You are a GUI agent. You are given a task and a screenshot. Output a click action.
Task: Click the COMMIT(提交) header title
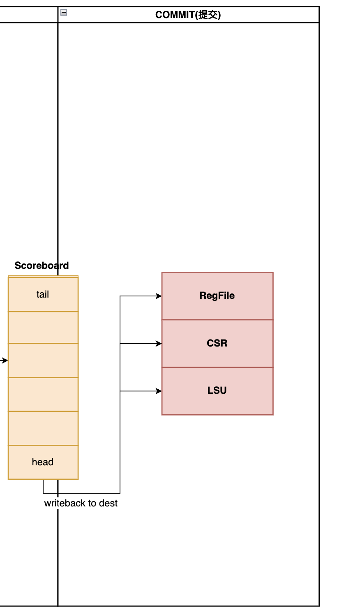[188, 15]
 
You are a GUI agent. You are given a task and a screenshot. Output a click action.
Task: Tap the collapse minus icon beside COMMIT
[64, 12]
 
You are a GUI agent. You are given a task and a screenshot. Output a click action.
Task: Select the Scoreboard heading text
[42, 266]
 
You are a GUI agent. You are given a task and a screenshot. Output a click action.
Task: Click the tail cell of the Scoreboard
[43, 294]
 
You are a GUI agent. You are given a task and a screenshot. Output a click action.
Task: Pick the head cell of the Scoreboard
[43, 462]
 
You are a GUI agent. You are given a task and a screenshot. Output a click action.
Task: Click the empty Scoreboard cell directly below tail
[43, 328]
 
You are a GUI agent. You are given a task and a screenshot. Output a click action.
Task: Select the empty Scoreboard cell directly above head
[43, 428]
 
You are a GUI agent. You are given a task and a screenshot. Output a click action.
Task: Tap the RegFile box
[217, 296]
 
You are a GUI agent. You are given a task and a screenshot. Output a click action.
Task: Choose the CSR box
[217, 343]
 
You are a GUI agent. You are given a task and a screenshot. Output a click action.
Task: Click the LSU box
[217, 391]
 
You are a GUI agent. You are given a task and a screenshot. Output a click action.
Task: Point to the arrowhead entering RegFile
[159, 296]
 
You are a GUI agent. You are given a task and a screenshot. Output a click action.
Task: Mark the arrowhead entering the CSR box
[159, 344]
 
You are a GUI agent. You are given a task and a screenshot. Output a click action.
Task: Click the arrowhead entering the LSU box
[159, 391]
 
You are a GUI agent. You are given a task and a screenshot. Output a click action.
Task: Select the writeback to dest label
[81, 503]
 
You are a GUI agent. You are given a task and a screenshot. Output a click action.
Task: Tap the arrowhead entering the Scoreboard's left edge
[5, 360]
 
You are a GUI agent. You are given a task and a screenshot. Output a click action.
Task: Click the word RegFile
[217, 296]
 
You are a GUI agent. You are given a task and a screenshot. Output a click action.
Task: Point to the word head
[43, 462]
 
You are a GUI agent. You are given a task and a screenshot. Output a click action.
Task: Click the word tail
[43, 294]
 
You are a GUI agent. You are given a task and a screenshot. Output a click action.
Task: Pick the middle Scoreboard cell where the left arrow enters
[43, 360]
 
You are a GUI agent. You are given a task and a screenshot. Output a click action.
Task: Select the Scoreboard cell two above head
[43, 394]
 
